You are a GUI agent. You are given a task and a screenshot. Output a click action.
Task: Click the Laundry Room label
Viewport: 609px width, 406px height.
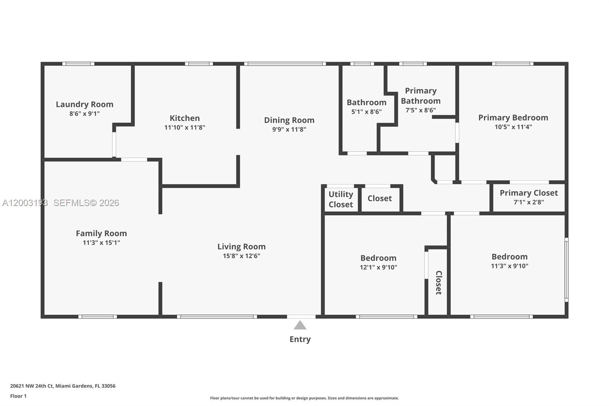pos(84,104)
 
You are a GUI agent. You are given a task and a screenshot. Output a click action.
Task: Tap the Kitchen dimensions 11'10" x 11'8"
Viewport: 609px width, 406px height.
pos(185,128)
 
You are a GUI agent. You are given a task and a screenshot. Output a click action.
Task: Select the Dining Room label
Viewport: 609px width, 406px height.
pos(289,120)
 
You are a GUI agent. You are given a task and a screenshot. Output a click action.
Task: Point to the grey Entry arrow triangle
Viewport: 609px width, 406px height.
pos(300,326)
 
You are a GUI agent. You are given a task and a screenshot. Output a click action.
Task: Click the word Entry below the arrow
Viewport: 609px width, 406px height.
pos(300,339)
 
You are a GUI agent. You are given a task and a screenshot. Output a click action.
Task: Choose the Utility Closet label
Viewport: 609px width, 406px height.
pos(341,199)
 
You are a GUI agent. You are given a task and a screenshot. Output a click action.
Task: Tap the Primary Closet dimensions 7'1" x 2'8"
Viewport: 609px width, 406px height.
pos(529,202)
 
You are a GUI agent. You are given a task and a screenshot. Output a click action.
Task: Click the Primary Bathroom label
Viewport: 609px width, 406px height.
pos(421,96)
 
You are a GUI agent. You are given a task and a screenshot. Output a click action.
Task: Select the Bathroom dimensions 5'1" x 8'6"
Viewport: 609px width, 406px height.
pos(366,112)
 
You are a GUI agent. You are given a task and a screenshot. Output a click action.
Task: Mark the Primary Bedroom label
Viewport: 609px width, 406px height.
pos(513,118)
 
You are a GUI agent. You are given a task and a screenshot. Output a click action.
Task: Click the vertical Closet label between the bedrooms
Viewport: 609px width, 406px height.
pos(438,283)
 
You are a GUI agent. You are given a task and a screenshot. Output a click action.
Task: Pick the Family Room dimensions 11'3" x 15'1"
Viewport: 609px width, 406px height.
pos(101,243)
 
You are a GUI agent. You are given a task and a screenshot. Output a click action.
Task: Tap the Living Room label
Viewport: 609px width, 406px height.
pos(241,247)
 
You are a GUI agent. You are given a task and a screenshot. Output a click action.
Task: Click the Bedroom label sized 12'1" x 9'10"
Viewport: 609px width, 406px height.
pos(378,258)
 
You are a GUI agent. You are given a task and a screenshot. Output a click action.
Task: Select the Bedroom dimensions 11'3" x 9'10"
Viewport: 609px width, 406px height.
pos(509,266)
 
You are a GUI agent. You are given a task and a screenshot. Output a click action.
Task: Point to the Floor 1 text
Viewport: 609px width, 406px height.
pos(18,396)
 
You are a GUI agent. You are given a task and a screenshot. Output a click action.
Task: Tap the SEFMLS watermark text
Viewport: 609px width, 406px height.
pos(86,203)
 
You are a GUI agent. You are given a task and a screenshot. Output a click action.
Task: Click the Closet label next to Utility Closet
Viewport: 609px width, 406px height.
pos(379,198)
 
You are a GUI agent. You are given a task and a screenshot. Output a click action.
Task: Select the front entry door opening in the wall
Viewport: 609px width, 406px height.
pos(301,316)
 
